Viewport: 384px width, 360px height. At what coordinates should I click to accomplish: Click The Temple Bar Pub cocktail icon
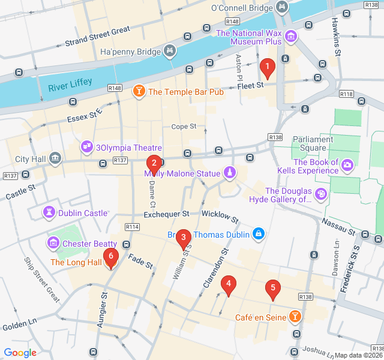coord(139,92)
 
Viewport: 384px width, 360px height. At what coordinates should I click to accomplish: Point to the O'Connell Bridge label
coord(241,8)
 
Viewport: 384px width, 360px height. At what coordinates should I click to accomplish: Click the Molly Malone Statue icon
coord(229,173)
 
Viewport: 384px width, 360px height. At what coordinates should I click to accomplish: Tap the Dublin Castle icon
coord(49,213)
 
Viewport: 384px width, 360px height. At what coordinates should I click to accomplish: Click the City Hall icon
coord(55,159)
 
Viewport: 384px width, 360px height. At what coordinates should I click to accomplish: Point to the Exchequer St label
coord(166,214)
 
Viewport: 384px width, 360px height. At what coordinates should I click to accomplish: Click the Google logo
coord(20,353)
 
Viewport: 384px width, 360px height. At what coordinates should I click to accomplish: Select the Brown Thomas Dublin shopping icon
coord(258,234)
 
